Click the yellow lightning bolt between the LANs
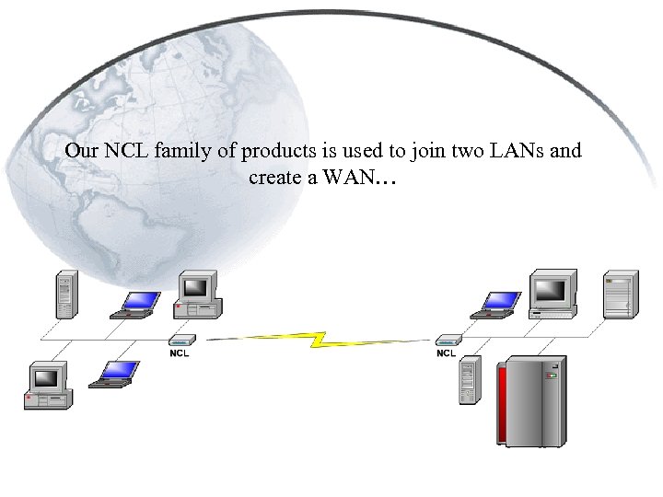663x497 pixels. (x=318, y=339)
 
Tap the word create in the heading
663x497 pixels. (x=274, y=177)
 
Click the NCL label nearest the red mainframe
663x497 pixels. (x=447, y=353)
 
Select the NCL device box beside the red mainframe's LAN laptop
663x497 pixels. (x=448, y=341)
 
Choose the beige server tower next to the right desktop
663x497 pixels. (x=619, y=295)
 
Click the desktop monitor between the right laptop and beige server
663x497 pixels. (x=552, y=294)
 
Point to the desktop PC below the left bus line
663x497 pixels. (x=47, y=386)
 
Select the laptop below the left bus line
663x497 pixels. (x=116, y=373)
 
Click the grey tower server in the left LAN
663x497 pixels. (x=64, y=295)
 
